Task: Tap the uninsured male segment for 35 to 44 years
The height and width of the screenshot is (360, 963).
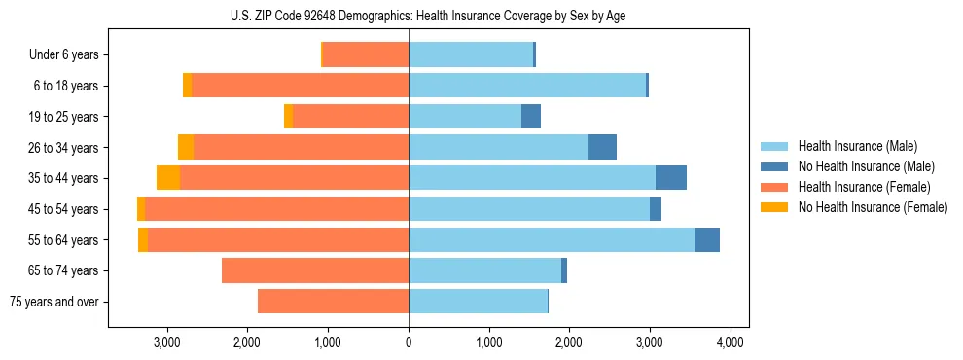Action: pyautogui.click(x=671, y=178)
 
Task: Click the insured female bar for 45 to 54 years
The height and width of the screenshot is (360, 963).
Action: pyautogui.click(x=276, y=209)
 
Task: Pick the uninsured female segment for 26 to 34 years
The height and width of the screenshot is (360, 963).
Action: pyautogui.click(x=186, y=147)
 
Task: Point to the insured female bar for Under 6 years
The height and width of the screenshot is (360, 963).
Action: pyautogui.click(x=366, y=54)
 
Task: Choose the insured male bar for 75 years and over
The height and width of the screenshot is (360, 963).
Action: pyautogui.click(x=478, y=302)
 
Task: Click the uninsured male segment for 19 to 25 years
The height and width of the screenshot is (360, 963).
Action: pyautogui.click(x=531, y=117)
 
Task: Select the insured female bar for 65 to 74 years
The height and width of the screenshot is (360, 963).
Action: pyautogui.click(x=315, y=270)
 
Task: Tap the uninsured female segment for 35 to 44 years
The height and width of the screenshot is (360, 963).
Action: pyautogui.click(x=168, y=178)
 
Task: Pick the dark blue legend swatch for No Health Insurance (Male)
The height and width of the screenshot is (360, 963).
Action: pyautogui.click(x=774, y=166)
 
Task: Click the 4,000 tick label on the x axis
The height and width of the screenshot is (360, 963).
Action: pyautogui.click(x=731, y=342)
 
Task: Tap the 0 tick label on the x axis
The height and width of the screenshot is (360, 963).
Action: pyautogui.click(x=409, y=342)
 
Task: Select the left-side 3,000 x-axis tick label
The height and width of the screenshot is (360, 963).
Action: pyautogui.click(x=166, y=342)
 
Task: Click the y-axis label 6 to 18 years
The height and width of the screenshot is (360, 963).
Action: pyautogui.click(x=66, y=86)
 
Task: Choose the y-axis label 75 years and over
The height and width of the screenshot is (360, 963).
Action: pyautogui.click(x=53, y=302)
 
